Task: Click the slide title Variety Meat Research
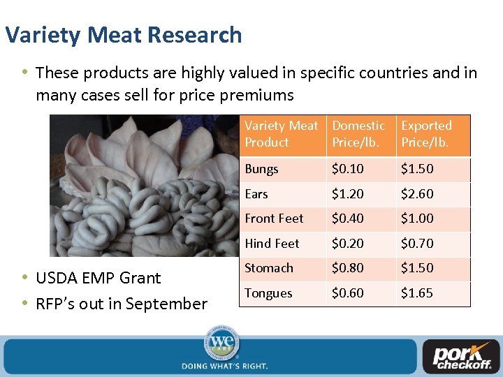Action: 123,35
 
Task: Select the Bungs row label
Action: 261,170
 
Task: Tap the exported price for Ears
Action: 417,194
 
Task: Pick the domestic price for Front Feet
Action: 347,219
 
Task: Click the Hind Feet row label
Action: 272,244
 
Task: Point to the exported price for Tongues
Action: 417,293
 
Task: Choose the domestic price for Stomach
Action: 347,268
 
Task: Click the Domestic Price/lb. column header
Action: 358,134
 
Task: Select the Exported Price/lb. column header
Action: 426,134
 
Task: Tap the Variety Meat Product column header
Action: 281,134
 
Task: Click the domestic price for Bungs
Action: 347,170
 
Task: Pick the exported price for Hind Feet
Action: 417,244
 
